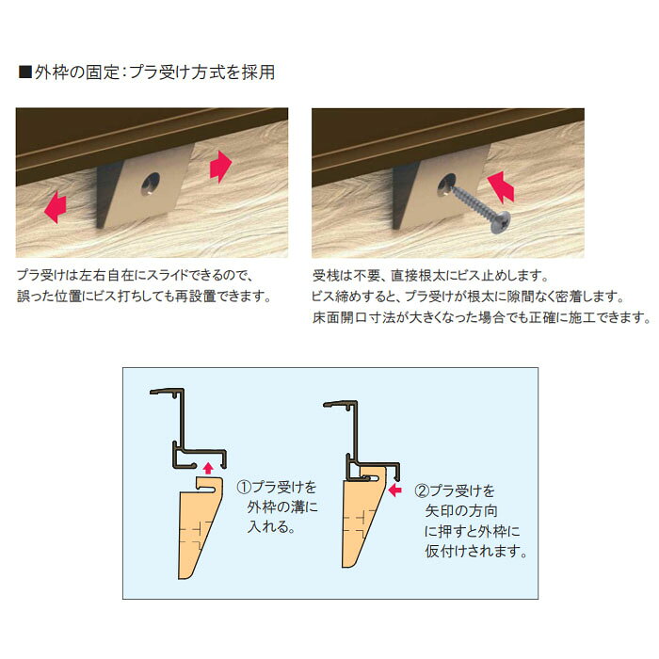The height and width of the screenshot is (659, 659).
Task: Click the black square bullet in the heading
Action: [25, 72]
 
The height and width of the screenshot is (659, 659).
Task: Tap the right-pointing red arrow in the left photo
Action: [220, 167]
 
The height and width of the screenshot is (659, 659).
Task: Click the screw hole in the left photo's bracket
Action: [151, 185]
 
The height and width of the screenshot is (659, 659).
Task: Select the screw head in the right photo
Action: [501, 223]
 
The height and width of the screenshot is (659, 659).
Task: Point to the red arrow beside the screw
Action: [501, 187]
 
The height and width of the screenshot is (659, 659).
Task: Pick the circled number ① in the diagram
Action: [244, 487]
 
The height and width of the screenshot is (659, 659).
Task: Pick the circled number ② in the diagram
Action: [422, 490]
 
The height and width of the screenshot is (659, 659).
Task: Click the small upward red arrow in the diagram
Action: [208, 468]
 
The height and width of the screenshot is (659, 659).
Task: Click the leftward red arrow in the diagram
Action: [395, 490]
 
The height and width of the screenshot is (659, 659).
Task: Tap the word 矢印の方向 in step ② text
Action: [461, 511]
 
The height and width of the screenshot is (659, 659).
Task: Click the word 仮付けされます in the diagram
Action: [472, 551]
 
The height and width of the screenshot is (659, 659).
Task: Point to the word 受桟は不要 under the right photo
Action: [346, 276]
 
